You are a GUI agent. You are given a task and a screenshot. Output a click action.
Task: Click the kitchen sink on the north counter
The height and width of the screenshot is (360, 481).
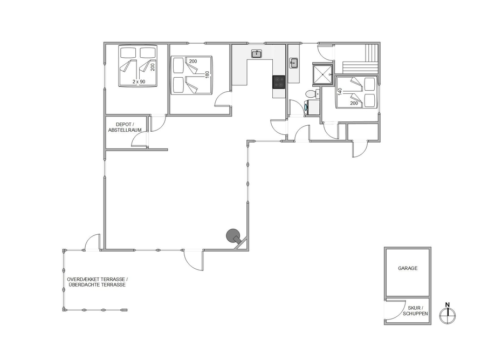click(x=256, y=54)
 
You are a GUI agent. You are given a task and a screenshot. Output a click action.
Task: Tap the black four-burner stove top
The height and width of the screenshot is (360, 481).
click(x=279, y=82)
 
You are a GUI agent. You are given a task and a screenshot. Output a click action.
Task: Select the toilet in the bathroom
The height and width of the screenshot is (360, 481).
click(x=311, y=94)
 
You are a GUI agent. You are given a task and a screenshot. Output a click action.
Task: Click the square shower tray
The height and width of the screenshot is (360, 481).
click(x=322, y=74)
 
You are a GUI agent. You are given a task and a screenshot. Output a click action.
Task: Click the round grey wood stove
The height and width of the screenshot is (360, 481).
click(x=233, y=236)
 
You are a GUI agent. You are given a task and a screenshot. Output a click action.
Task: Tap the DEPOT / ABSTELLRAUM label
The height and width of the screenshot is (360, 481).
click(x=125, y=127)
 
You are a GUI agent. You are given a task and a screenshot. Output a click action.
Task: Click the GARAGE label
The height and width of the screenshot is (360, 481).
click(x=408, y=268)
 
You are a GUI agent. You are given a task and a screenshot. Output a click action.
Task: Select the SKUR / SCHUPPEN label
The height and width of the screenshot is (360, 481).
click(x=415, y=311)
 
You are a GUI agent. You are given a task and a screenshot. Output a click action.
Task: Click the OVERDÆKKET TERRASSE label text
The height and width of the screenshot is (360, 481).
click(x=97, y=279)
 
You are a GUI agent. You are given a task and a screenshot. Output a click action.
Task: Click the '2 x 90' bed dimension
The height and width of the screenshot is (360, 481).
click(x=139, y=81)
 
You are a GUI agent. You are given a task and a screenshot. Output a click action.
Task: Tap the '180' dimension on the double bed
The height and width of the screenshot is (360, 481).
click(x=207, y=75)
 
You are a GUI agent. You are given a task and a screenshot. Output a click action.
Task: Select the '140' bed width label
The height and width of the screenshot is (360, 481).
click(x=340, y=92)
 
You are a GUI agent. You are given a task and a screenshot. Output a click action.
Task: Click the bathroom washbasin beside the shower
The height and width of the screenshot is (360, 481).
click(x=293, y=63)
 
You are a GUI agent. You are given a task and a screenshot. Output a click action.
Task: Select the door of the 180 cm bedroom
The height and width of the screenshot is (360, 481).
click(x=222, y=99)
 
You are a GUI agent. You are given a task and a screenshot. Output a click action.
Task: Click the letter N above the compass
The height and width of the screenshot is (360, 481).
click(x=448, y=305)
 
